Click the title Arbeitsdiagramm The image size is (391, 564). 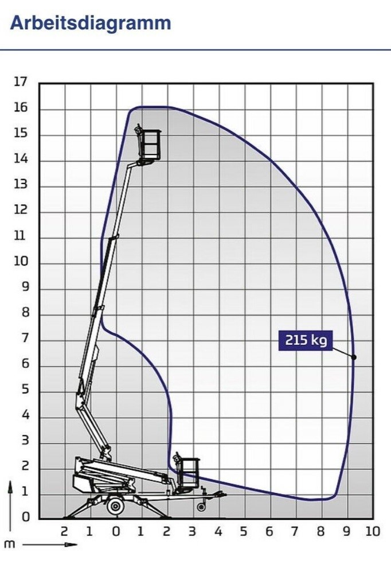pos(91,24)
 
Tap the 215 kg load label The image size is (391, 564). pos(306,340)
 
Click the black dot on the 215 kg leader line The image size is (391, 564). pos(354,357)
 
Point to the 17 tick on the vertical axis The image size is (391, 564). pos(21,81)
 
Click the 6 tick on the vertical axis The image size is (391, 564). pos(25,364)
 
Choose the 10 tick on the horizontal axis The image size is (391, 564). pos(372,531)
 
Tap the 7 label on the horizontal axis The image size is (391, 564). pos(295,531)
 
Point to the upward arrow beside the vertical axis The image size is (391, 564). pos(10,505)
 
